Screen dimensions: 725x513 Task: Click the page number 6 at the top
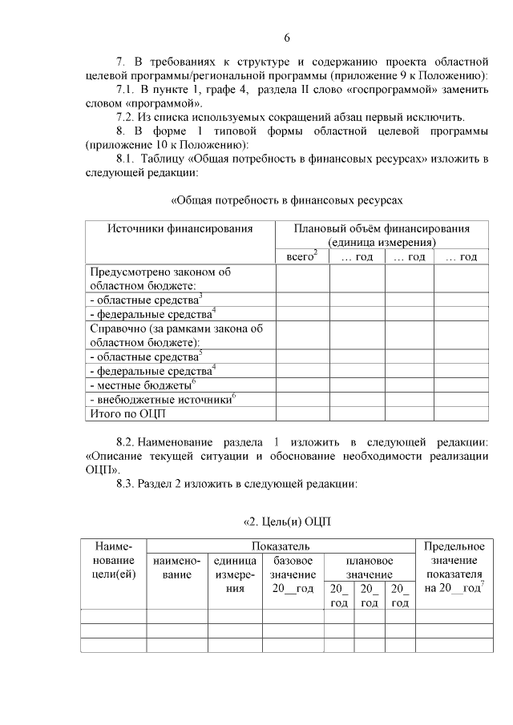click(x=286, y=38)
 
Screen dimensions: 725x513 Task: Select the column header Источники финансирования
click(x=180, y=228)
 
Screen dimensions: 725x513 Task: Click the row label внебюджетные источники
click(x=164, y=399)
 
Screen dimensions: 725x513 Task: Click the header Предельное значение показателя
click(x=454, y=567)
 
